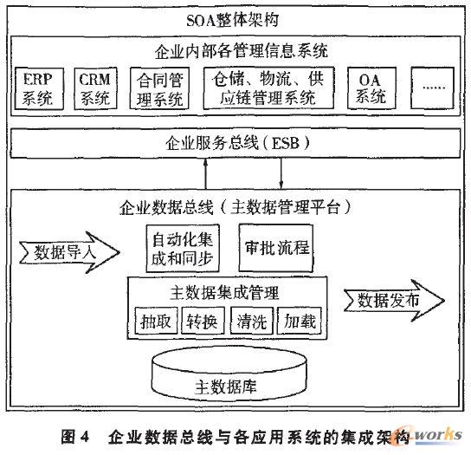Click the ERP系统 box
(39, 88)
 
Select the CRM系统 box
(95, 88)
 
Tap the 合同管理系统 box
(162, 88)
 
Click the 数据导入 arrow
(66, 254)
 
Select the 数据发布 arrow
(388, 301)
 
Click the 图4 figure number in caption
(77, 435)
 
